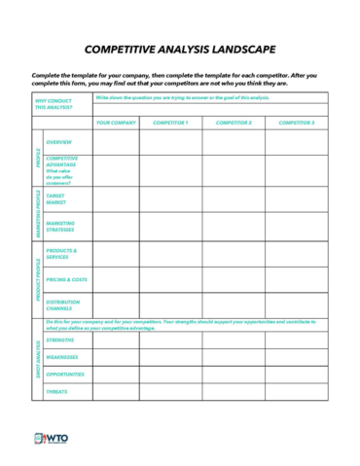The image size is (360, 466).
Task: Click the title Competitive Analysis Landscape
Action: [x=179, y=49]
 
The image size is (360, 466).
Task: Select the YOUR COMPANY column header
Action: [x=117, y=123]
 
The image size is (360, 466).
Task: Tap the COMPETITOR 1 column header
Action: [x=170, y=123]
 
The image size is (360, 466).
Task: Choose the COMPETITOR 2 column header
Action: [x=234, y=123]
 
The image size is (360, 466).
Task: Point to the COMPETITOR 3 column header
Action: [x=297, y=123]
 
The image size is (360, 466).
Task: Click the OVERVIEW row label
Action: [x=58, y=142]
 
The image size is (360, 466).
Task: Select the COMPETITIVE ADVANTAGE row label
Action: [x=61, y=161]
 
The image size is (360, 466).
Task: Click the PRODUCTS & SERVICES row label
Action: [x=61, y=253]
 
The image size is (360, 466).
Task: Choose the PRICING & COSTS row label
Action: [x=66, y=279]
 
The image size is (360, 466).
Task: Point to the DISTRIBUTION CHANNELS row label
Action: [x=62, y=305]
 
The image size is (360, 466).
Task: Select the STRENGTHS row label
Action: [x=60, y=340]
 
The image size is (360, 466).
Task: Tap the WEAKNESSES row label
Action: [x=62, y=357]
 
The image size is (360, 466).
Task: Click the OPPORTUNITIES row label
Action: [x=65, y=374]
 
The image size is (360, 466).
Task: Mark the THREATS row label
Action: [x=57, y=391]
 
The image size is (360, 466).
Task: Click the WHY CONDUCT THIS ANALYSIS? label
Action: [x=54, y=104]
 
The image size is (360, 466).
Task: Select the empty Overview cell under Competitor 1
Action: [x=170, y=143]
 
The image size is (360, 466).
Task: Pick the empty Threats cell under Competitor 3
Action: [x=297, y=391]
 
